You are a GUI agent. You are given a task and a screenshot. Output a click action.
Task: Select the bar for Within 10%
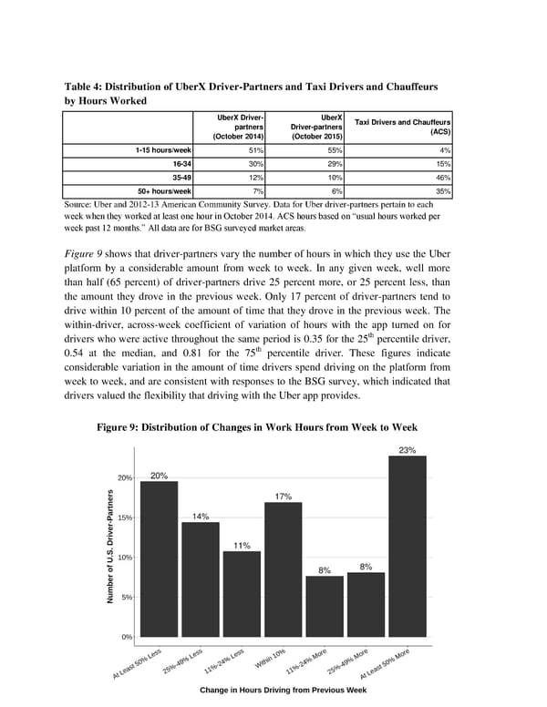pyautogui.click(x=283, y=569)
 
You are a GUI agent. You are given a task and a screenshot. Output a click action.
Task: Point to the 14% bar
pyautogui.click(x=200, y=579)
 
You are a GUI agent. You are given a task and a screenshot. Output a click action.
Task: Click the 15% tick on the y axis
pyautogui.click(x=126, y=517)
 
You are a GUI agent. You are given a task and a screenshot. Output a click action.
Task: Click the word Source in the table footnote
pyautogui.click(x=82, y=207)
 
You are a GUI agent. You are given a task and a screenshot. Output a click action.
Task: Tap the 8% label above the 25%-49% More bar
pyautogui.click(x=366, y=567)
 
